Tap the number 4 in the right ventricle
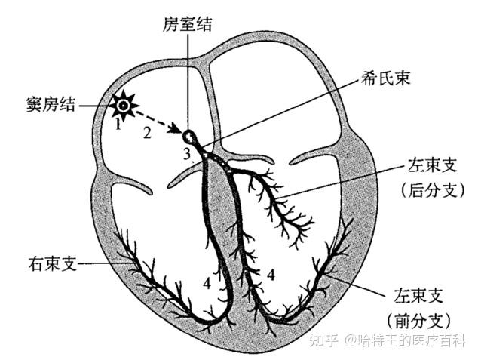coord(207,283)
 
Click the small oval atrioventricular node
coord(189,138)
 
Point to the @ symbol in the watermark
coord(351,341)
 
